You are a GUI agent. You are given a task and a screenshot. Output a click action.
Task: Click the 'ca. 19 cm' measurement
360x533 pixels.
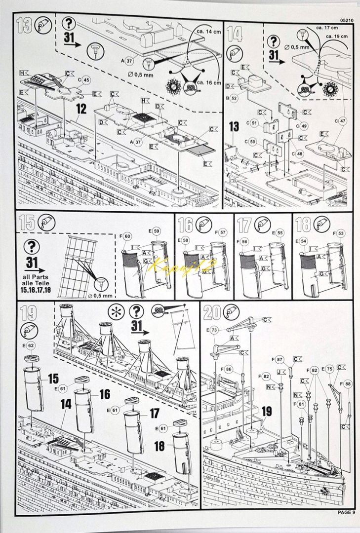(x=337, y=36)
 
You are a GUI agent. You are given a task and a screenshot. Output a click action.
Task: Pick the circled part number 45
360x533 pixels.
(x=86, y=79)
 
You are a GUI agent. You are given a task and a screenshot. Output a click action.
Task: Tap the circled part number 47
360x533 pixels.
(x=342, y=120)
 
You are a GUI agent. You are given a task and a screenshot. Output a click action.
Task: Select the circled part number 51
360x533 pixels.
(x=255, y=122)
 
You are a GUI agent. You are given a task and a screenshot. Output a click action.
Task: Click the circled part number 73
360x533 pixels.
(x=214, y=330)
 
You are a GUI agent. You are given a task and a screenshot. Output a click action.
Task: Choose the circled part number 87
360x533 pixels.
(x=280, y=359)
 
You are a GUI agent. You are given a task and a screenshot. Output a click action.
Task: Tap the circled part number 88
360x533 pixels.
(x=348, y=383)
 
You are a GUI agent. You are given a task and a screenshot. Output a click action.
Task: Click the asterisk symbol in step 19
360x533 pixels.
(x=115, y=312)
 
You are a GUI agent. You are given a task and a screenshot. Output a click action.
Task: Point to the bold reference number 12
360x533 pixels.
(x=81, y=108)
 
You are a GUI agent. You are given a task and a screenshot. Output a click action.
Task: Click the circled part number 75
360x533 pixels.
(x=329, y=369)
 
